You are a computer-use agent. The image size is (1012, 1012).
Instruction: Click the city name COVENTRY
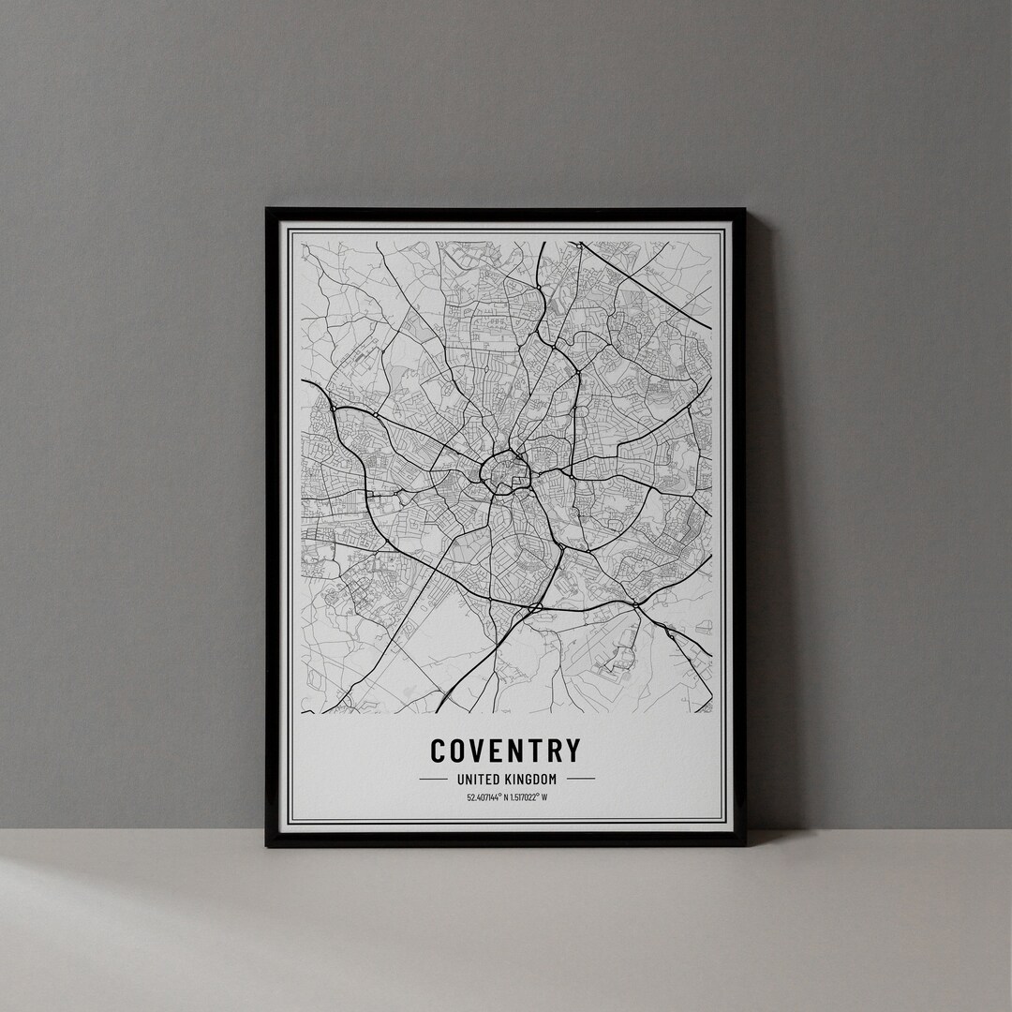tap(505, 751)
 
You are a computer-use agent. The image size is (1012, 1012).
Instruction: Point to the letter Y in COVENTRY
tap(572, 751)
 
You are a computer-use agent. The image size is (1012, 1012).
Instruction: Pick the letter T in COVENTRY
tap(536, 751)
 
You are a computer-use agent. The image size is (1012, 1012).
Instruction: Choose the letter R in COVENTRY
tap(554, 751)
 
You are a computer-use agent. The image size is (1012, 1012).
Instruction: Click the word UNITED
tap(477, 779)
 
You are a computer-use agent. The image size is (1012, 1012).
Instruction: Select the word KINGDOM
tap(529, 779)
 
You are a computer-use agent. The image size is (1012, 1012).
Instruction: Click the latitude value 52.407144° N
tap(485, 798)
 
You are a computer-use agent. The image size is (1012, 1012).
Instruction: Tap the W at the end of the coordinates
tap(544, 798)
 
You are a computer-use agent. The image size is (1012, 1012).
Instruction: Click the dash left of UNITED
tap(432, 779)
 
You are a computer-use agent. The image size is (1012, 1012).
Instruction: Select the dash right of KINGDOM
tap(581, 779)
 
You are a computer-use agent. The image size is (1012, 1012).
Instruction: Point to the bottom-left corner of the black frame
tap(267, 845)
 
